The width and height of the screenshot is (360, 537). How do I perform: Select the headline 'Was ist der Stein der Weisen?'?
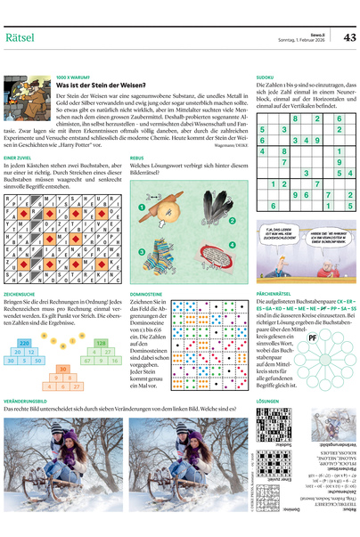pyautogui.click(x=95, y=85)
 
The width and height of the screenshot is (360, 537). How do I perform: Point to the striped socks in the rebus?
pyautogui.click(x=162, y=253)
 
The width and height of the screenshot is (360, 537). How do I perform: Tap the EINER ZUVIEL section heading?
pyautogui.click(x=19, y=158)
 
